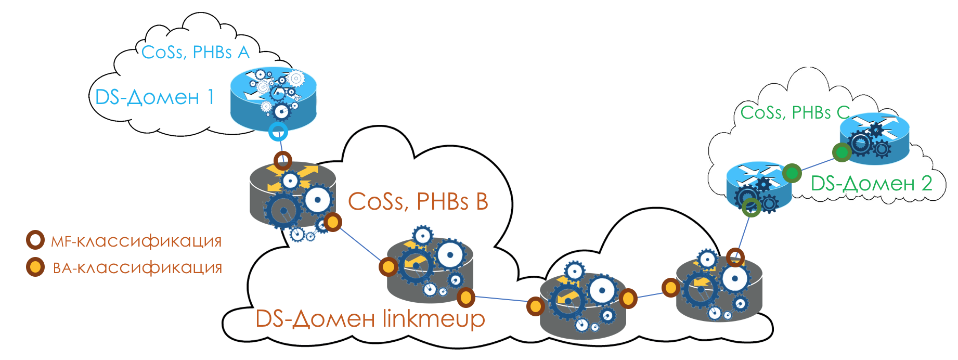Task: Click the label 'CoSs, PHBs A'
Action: point(196,52)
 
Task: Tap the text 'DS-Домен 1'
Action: point(154,97)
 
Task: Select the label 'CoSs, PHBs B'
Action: point(418,201)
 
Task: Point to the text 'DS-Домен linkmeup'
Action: point(370,318)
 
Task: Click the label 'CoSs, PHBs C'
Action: point(795,112)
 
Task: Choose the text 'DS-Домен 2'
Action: point(871,183)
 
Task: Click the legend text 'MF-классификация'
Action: point(136,241)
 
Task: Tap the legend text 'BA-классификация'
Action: point(137,268)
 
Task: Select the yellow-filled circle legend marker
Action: point(35,267)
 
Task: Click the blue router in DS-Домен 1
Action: point(274,99)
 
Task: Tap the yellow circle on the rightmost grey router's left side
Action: point(671,287)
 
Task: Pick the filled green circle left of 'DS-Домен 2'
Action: point(792,173)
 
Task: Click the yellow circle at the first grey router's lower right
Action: point(332,223)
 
